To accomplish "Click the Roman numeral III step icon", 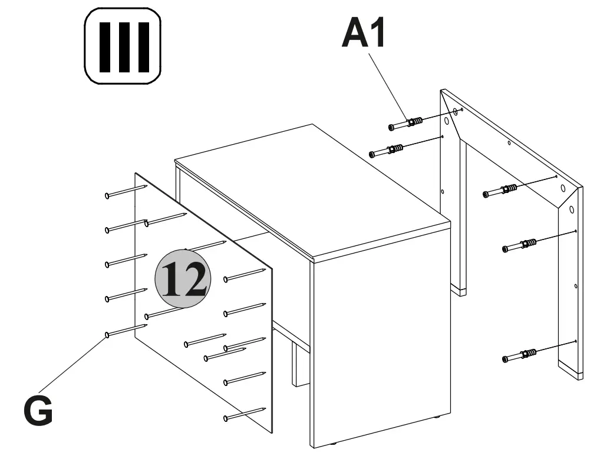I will pos(123,46).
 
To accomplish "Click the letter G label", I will pos(38,411).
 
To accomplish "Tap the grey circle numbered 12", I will pos(183,278).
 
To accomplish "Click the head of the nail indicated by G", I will pos(107,335).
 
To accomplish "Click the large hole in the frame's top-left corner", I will pos(447,122).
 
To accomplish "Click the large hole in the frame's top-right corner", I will pos(563,189).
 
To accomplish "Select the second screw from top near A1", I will pos(386,151).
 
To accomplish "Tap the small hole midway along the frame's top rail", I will pos(509,142).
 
